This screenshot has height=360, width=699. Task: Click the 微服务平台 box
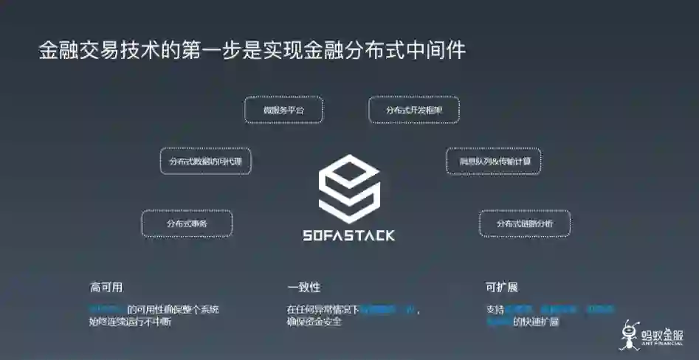[283, 110]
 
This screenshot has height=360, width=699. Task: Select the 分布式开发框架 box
[414, 110]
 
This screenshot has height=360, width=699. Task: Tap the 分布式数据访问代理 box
[206, 161]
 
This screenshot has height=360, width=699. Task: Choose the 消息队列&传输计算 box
[493, 161]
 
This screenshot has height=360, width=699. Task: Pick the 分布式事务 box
[187, 223]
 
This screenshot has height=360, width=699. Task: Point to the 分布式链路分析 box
[525, 223]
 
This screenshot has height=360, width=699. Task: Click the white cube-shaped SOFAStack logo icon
[349, 186]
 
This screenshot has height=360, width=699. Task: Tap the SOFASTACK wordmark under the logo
[349, 236]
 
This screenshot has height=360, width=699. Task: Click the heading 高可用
[106, 287]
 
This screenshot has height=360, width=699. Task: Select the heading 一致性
[303, 287]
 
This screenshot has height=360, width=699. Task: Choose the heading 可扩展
[501, 287]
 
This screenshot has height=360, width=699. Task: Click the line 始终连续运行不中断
[130, 322]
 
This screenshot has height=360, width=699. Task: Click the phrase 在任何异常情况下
[323, 309]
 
